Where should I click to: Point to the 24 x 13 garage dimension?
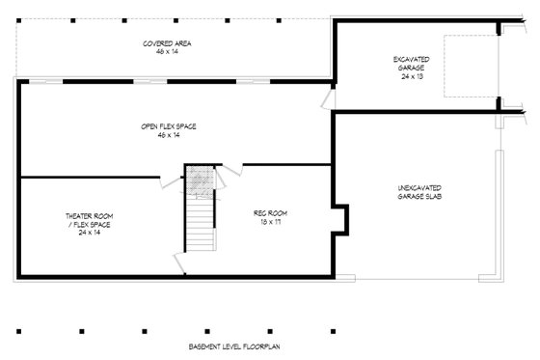click(411, 76)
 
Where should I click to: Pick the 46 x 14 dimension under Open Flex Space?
click(162, 135)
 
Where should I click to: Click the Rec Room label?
click(270, 212)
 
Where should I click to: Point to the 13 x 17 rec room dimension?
click(270, 221)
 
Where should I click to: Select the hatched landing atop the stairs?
click(201, 180)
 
